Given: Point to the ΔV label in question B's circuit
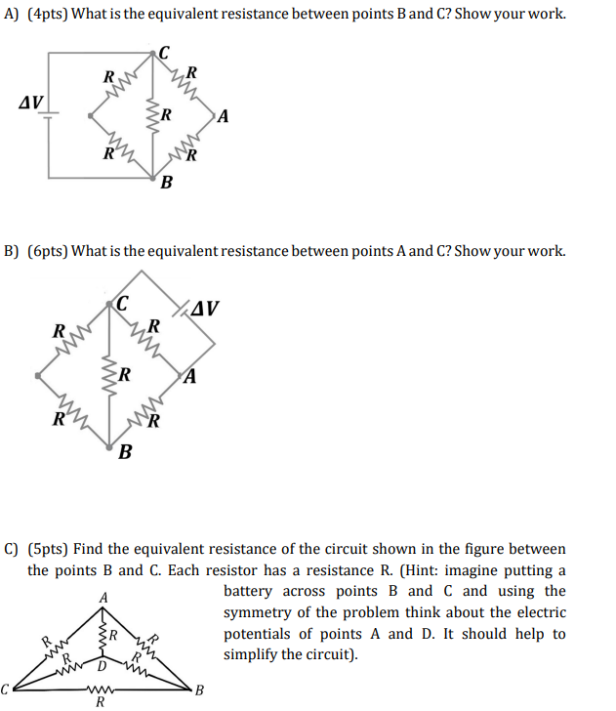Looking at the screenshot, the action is click(206, 310).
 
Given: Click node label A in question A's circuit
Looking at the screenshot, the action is click(225, 118).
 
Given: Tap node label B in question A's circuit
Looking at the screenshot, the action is click(166, 183).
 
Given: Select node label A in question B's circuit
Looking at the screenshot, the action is click(192, 376).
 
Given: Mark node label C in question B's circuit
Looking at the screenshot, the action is click(122, 304).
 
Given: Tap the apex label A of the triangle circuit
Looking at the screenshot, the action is click(102, 598).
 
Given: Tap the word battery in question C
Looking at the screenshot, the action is click(251, 591).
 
